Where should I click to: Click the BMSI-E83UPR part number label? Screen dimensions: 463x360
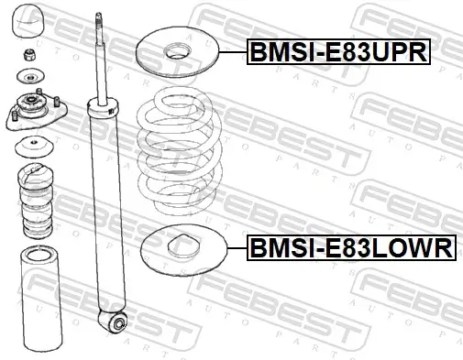(337, 53)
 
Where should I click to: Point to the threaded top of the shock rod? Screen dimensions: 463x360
(97, 22)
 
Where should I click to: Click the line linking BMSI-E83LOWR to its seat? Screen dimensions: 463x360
(233, 247)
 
